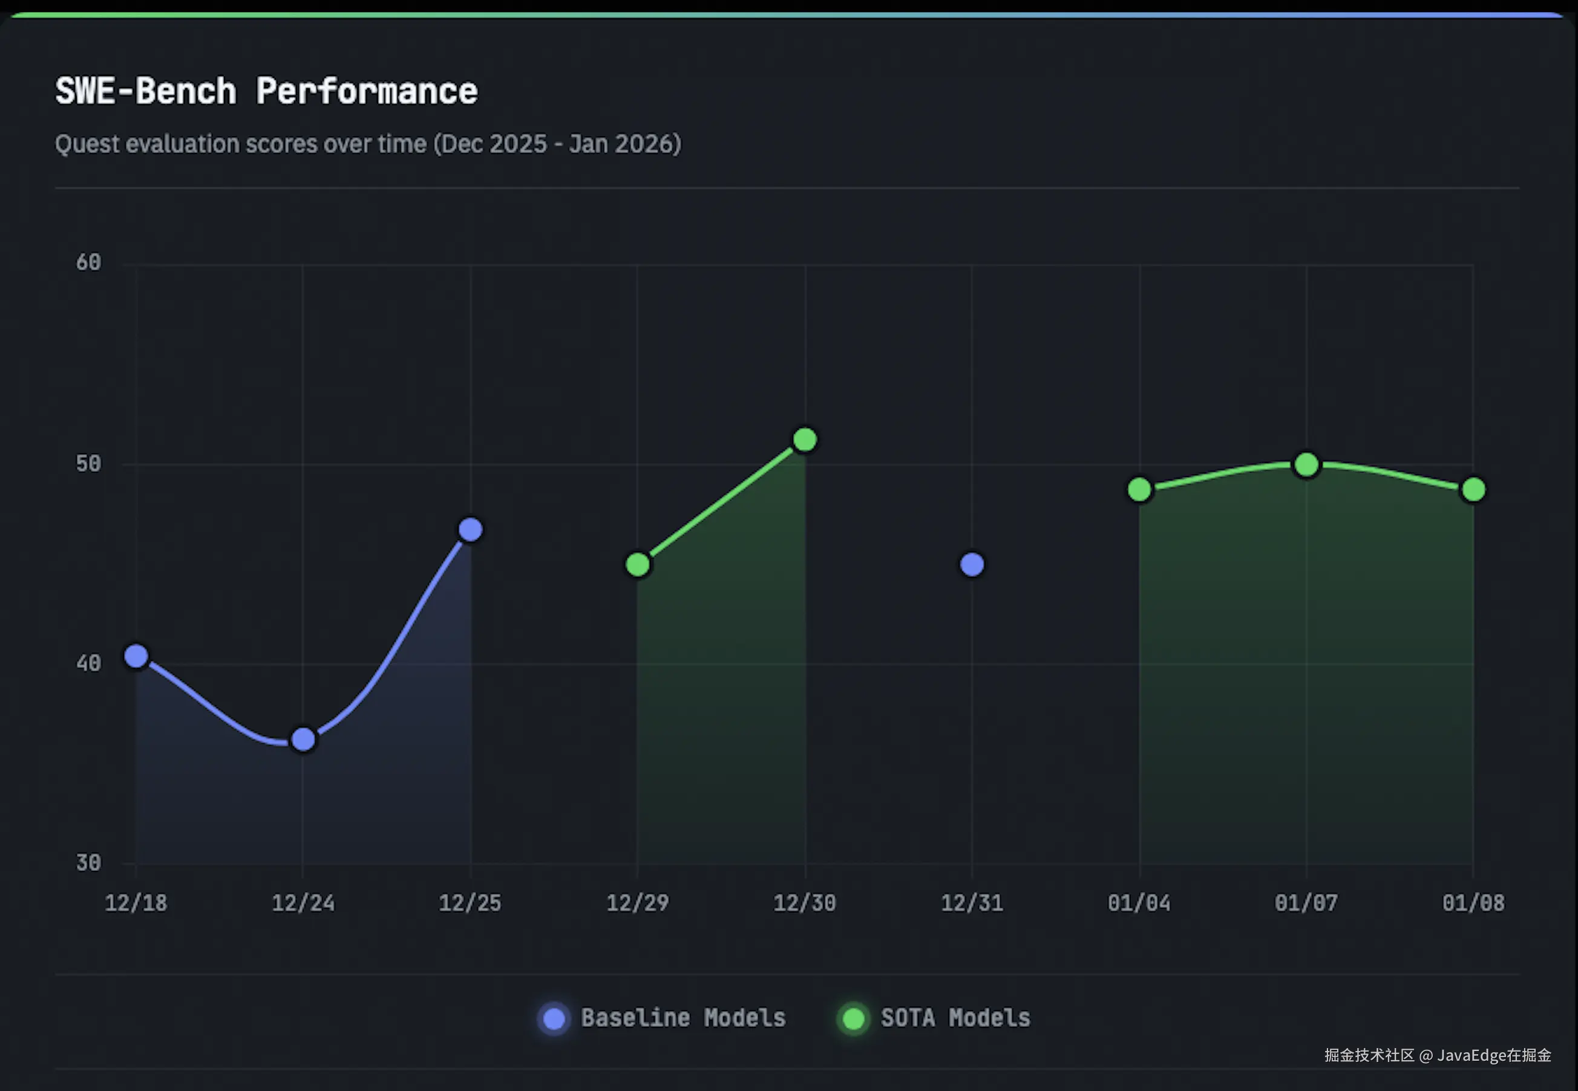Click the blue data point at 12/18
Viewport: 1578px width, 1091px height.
[136, 656]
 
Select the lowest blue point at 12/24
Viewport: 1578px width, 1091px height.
[303, 739]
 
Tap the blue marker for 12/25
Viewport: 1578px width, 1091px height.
[470, 529]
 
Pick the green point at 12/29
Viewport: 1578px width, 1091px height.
[638, 565]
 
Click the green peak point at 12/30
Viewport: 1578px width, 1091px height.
[805, 440]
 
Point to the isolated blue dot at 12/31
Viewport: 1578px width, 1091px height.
[972, 565]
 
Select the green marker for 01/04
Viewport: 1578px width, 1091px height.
[1139, 489]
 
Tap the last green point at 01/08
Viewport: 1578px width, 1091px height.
[1473, 489]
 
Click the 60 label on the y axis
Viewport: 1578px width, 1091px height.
[88, 262]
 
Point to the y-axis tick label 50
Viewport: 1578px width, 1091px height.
[88, 464]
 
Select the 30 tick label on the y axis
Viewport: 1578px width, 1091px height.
[88, 862]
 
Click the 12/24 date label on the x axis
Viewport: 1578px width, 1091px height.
[303, 903]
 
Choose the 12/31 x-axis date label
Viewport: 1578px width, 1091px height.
[972, 903]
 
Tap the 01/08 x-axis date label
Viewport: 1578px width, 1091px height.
[1473, 903]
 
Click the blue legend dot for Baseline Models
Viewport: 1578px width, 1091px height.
[554, 1018]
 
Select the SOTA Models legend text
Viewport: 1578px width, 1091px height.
[955, 1018]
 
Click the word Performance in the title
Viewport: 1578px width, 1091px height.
[367, 91]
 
